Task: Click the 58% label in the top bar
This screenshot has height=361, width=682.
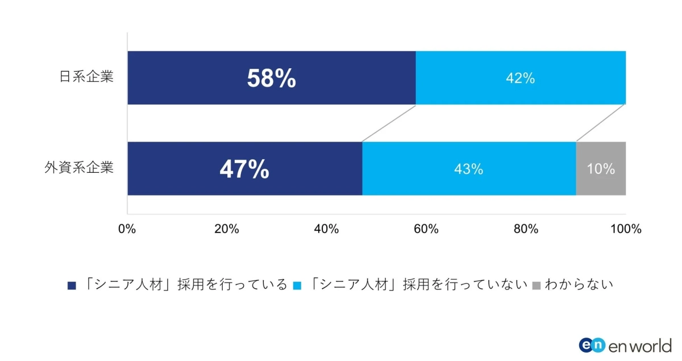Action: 271,79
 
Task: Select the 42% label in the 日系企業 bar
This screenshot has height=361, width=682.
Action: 520,79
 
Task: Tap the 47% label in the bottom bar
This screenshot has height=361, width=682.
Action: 244,169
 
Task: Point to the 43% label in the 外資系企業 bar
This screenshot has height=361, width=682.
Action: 468,169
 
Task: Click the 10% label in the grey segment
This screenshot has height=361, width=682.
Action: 601,169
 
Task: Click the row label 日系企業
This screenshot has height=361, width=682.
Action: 86,77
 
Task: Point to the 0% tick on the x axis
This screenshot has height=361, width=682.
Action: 127,229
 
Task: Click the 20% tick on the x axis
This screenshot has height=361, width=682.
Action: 226,229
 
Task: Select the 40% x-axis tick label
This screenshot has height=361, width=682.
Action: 326,229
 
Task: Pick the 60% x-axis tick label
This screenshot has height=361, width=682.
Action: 426,229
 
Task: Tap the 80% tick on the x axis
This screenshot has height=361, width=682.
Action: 526,229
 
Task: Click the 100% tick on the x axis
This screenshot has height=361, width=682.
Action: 625,229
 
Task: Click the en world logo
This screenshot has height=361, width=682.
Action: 625,345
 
